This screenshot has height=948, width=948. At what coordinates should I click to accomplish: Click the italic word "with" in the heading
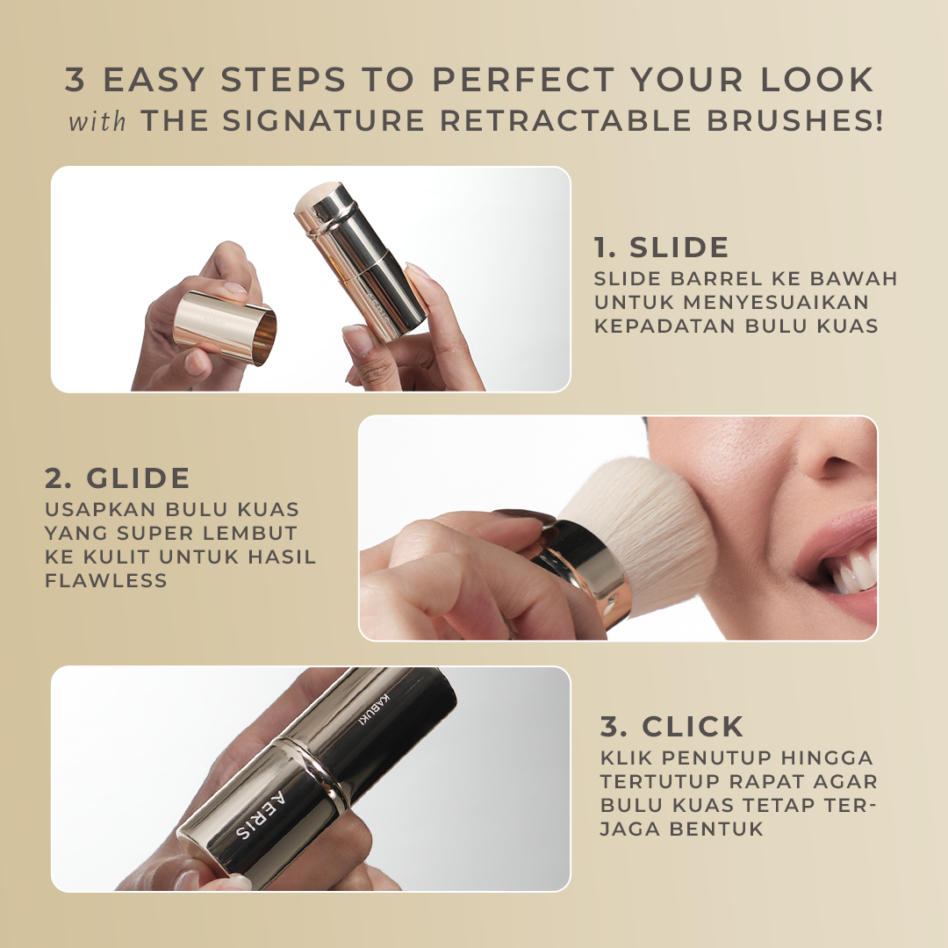tap(97, 121)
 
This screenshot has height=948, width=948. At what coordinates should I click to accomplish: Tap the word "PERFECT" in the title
tap(523, 79)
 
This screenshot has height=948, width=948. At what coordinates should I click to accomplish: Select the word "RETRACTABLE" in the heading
tap(565, 120)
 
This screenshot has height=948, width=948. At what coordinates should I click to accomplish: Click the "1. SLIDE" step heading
tap(662, 248)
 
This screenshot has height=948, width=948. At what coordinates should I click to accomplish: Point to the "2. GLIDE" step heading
tap(118, 478)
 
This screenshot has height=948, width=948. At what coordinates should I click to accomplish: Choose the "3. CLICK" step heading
tap(671, 727)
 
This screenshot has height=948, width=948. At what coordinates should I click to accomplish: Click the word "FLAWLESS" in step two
tap(106, 580)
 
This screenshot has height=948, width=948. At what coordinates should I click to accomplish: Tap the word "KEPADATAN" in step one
tap(664, 326)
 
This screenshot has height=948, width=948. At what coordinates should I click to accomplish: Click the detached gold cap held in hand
tap(225, 327)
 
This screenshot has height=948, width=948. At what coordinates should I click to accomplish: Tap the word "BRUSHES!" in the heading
tap(794, 120)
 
